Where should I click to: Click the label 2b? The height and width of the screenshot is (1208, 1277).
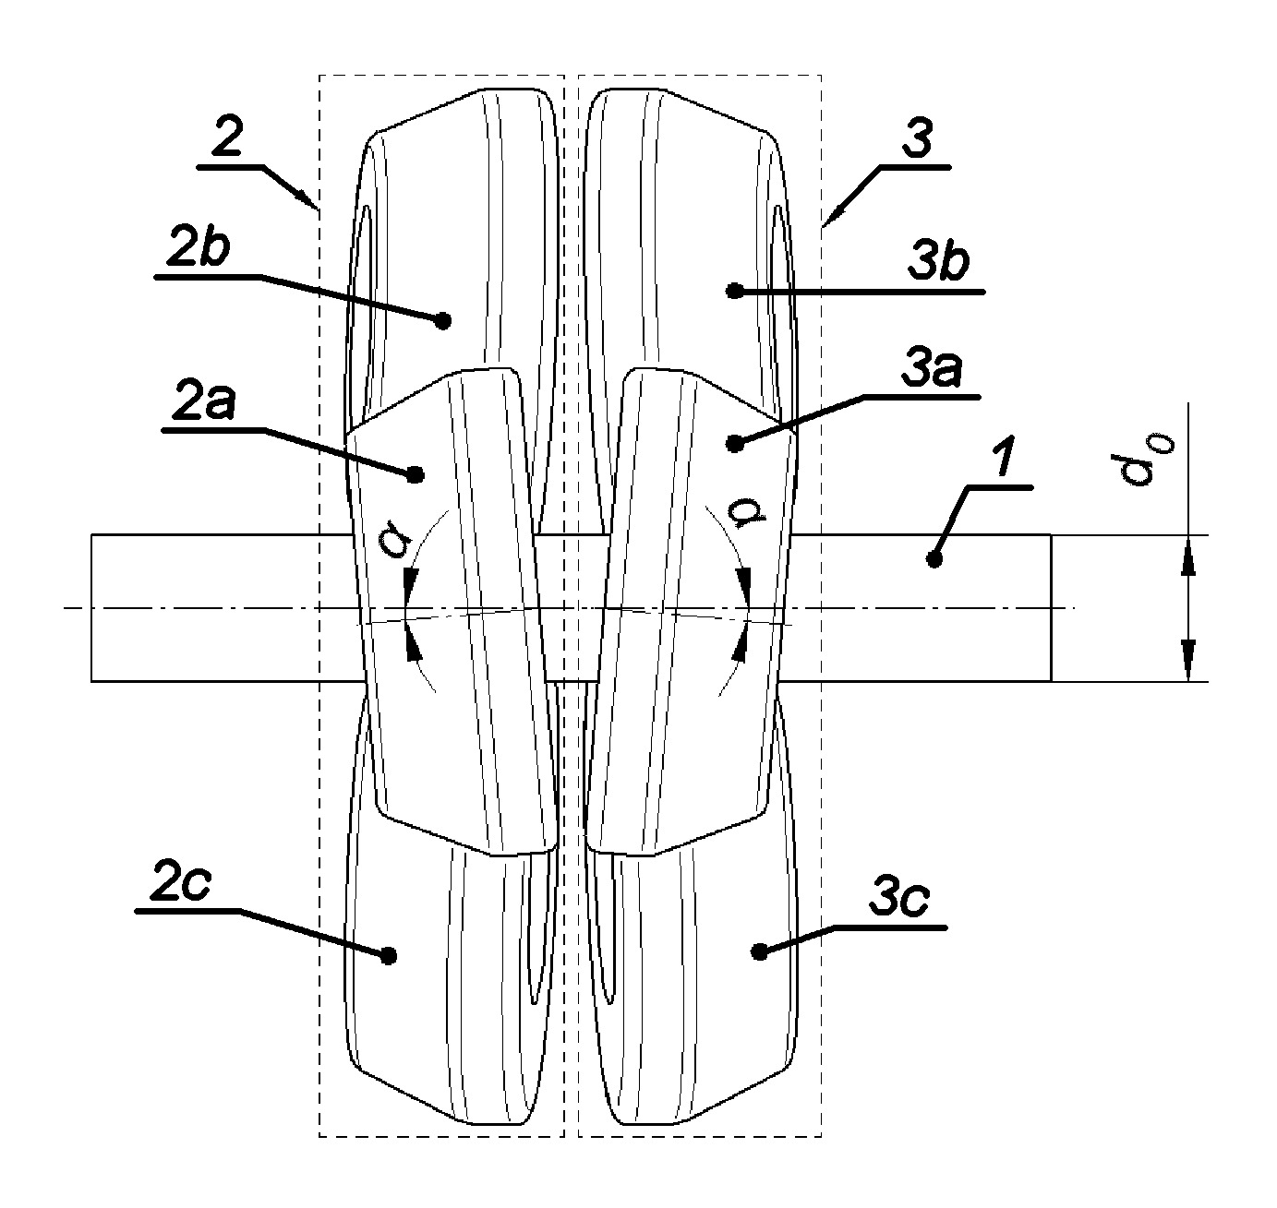click(198, 246)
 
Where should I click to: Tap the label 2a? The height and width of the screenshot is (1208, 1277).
click(203, 401)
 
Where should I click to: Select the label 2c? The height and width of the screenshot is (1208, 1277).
click(180, 881)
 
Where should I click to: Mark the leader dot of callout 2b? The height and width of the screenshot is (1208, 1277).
click(443, 320)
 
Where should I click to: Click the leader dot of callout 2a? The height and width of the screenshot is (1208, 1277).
click(416, 474)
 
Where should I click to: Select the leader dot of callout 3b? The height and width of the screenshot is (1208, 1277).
click(735, 291)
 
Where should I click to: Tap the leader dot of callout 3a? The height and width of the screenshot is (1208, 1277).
click(735, 444)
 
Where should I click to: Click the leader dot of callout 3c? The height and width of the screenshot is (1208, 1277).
click(758, 952)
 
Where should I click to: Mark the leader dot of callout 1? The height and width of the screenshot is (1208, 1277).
click(934, 559)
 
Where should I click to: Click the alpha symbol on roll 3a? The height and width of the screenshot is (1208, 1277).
click(757, 512)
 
